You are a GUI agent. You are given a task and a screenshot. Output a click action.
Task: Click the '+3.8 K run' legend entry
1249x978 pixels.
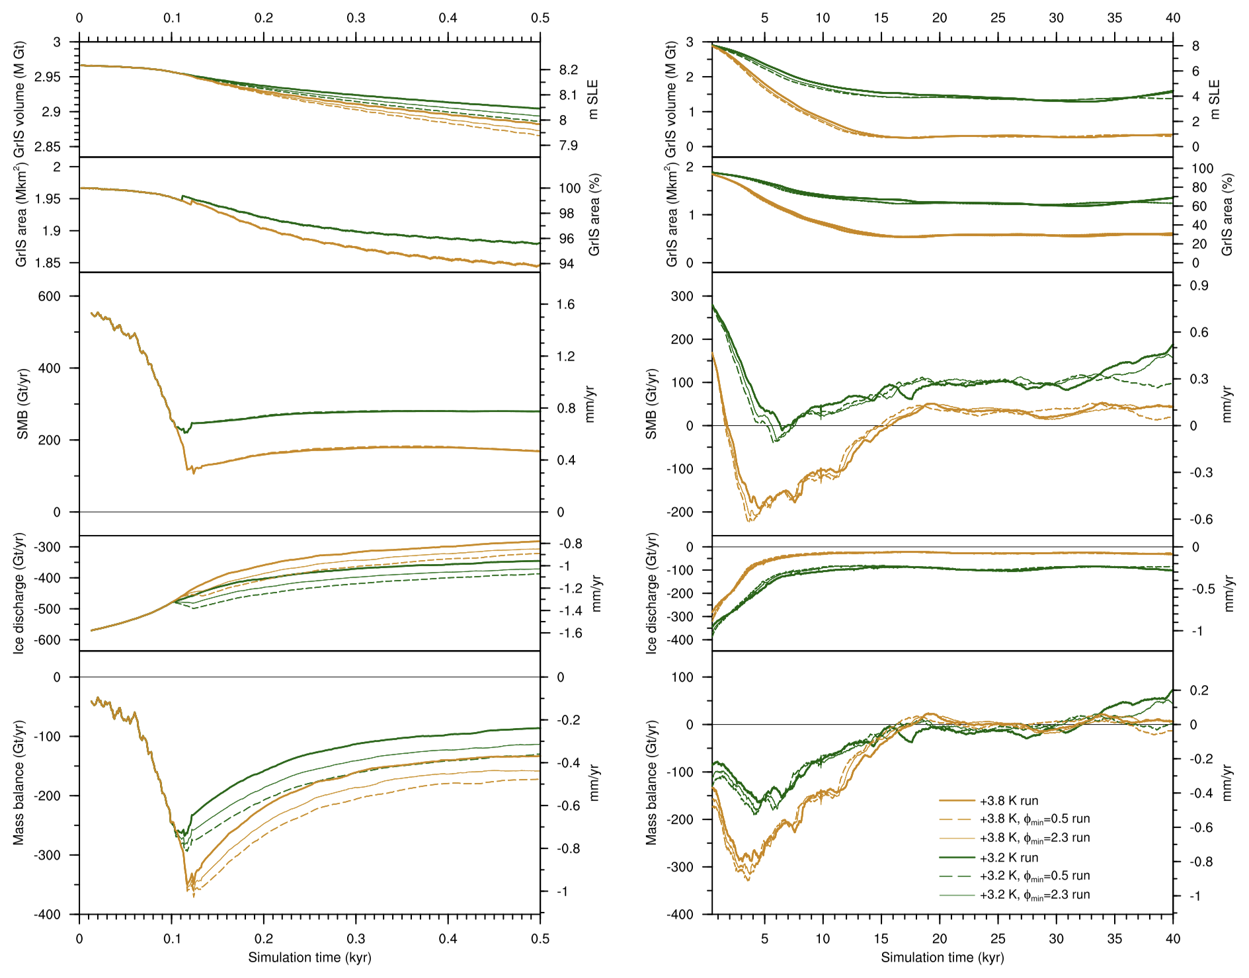click(1009, 801)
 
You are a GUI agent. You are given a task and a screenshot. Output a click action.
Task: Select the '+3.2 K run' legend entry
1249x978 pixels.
click(1009, 858)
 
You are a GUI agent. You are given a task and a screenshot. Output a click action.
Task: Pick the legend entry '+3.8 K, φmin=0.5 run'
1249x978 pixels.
click(1035, 819)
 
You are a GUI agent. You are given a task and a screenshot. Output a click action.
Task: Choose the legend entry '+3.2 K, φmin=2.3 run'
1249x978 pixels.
click(1035, 895)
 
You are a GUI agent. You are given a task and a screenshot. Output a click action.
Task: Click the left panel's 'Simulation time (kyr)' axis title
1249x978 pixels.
click(309, 958)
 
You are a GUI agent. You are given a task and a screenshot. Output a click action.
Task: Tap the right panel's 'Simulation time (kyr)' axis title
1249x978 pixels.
click(942, 958)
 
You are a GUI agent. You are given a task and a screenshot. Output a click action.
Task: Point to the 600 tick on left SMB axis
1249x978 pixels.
click(50, 296)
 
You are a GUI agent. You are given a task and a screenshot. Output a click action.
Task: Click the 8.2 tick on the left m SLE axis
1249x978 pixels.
click(568, 70)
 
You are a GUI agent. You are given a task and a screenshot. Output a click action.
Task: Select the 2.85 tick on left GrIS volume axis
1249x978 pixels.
click(47, 147)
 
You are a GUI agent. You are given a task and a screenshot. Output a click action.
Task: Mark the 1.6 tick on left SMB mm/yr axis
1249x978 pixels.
click(566, 305)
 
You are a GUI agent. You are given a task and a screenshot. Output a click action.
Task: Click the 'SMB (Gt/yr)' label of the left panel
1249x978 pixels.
click(22, 404)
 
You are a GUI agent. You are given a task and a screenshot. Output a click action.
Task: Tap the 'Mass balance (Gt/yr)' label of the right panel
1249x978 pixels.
click(652, 783)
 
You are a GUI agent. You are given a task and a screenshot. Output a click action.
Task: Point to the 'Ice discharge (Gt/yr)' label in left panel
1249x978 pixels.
click(19, 593)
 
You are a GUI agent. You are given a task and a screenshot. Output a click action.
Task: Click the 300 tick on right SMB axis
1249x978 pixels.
click(682, 296)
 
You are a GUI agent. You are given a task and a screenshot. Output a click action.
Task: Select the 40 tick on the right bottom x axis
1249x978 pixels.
click(1172, 939)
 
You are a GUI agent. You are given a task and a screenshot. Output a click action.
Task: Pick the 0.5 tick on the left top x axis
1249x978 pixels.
click(540, 18)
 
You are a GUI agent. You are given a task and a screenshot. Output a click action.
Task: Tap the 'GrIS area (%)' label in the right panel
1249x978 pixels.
click(1228, 215)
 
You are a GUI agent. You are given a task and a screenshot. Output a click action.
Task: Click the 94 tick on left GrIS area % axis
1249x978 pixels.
click(566, 264)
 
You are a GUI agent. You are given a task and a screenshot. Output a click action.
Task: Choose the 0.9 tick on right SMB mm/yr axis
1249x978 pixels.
click(1199, 286)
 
